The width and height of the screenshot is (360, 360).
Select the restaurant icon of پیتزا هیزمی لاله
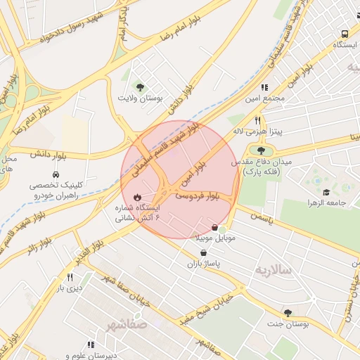click(x=257, y=120)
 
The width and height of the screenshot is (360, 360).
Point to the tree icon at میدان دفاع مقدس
click(x=262, y=150)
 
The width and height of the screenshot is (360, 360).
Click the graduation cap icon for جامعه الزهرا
click(x=326, y=191)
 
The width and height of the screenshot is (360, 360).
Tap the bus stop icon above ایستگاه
click(x=345, y=34)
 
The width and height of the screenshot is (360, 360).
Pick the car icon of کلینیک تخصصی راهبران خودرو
click(x=54, y=174)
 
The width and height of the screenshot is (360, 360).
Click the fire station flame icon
click(x=136, y=198)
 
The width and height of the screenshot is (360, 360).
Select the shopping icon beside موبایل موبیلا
click(x=214, y=227)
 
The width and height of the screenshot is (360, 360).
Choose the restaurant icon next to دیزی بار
click(x=70, y=278)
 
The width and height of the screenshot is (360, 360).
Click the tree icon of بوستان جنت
click(x=288, y=313)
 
